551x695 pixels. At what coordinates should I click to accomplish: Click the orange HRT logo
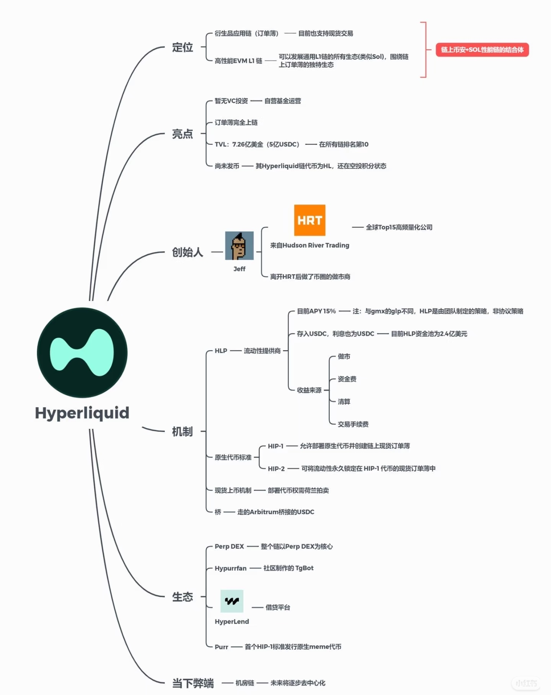coord(310,220)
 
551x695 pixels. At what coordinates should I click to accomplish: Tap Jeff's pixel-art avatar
coord(239,246)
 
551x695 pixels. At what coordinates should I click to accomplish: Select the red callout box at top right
coord(482,50)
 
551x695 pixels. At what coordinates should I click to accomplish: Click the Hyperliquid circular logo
coord(82,352)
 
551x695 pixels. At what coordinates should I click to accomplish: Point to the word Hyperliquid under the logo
coord(82,413)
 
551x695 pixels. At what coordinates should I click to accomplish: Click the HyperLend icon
coord(232,601)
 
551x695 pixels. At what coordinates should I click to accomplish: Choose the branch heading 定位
coord(183,47)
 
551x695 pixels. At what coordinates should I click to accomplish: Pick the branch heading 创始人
coord(187,252)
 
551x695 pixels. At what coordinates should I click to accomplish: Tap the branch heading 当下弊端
coord(193,683)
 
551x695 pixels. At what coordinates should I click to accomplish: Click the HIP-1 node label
coord(275,446)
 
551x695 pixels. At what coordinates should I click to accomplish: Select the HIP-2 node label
coord(276,469)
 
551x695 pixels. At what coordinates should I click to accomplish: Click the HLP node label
coord(221,351)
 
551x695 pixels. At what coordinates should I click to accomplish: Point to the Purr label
coord(221,647)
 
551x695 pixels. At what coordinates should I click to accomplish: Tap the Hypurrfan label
coord(230,568)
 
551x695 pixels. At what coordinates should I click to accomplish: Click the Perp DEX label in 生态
coord(229,546)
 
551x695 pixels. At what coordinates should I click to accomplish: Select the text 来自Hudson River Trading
coord(310,245)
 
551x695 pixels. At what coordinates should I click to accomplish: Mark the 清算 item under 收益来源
coord(344,401)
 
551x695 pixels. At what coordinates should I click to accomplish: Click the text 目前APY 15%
coord(316,311)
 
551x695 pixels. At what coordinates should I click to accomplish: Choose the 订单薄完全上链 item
coord(236,122)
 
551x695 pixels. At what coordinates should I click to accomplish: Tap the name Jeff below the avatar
coord(239,269)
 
